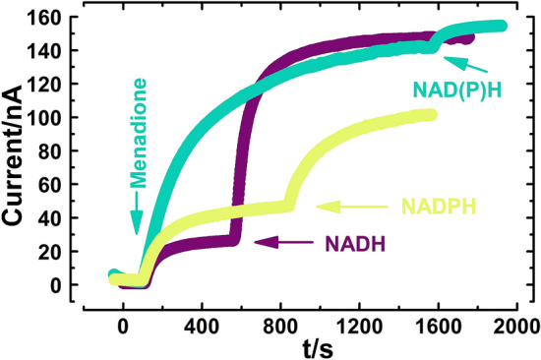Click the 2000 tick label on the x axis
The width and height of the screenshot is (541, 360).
point(515,322)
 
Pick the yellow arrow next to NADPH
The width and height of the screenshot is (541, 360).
point(354,207)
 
